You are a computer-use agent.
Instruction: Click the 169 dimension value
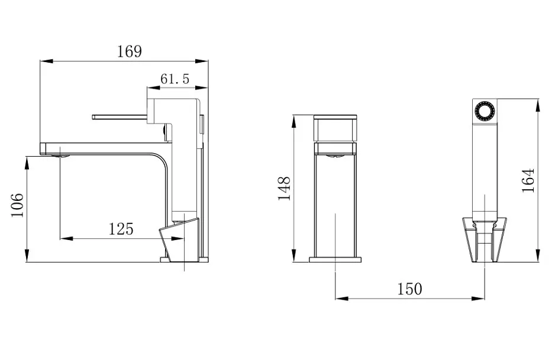click(x=129, y=51)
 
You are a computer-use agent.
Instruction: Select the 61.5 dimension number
click(x=175, y=79)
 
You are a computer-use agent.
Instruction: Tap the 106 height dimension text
click(x=17, y=205)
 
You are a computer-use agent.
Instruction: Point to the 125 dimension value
click(x=121, y=229)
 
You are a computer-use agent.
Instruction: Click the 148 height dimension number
click(x=284, y=188)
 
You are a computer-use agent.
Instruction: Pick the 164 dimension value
click(x=528, y=180)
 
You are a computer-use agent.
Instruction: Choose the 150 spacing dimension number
click(x=409, y=289)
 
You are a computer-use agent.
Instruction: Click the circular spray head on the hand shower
click(x=485, y=111)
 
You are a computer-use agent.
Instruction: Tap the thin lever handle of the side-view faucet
click(x=120, y=117)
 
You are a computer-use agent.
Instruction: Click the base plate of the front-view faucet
click(x=335, y=260)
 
